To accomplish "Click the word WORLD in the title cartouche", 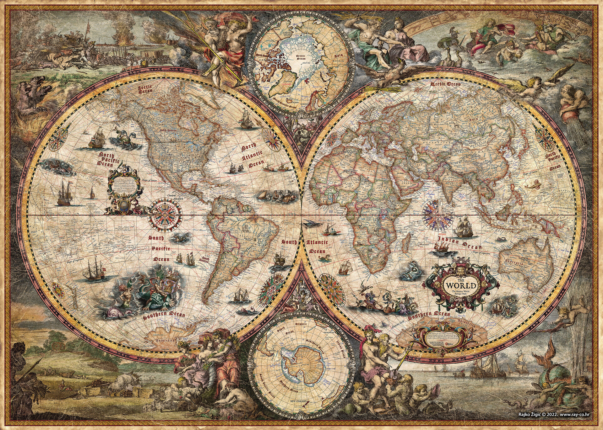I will click(x=461, y=286).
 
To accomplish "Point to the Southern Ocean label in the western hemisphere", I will click(x=164, y=316).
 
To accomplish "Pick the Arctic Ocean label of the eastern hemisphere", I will click(x=445, y=84).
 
